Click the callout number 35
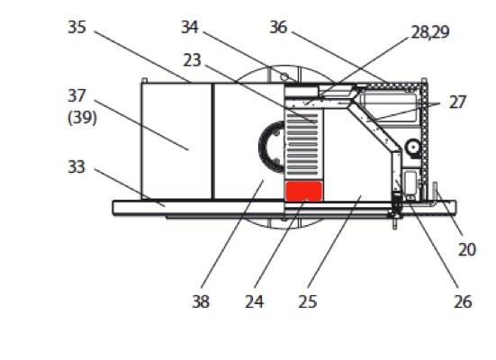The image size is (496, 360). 77,27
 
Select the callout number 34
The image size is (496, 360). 190,27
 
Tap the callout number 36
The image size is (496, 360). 278,27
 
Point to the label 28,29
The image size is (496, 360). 430,32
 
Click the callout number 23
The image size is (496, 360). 192,60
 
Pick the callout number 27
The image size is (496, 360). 457,103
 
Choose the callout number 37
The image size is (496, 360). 77,96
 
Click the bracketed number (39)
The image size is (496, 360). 82,118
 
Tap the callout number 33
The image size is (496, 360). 77,167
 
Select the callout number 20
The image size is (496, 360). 467,250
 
